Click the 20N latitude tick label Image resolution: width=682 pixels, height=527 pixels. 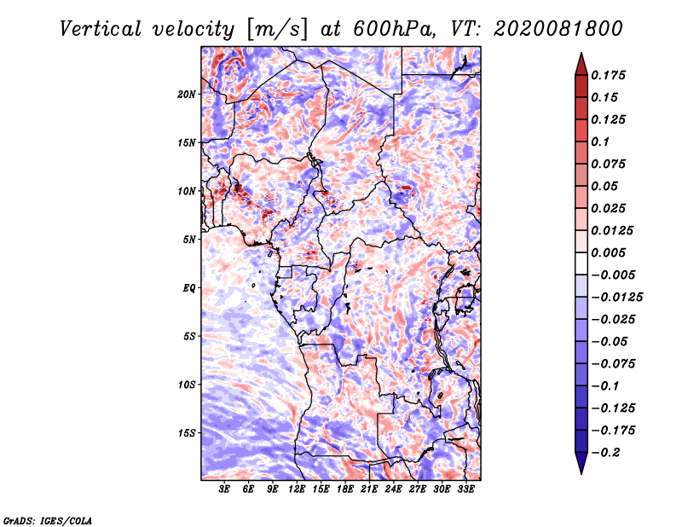[x=187, y=95]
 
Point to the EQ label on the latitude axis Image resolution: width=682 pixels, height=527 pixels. [x=188, y=288]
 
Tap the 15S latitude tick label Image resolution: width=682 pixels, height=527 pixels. [x=187, y=433]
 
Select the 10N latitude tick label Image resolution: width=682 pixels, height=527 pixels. [x=187, y=191]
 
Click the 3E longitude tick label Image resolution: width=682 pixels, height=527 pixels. [x=224, y=489]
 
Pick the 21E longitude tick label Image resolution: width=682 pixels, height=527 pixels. [x=369, y=489]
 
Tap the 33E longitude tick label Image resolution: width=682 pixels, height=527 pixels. [x=465, y=489]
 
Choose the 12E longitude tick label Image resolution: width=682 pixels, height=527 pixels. [x=296, y=489]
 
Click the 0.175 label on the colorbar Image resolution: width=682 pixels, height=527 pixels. [x=608, y=75]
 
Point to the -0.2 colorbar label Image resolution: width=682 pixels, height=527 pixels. [x=605, y=453]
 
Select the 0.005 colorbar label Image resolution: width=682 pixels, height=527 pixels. [x=608, y=252]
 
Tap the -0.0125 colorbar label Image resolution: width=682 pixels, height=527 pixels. [x=616, y=298]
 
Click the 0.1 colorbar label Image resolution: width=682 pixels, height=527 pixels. [x=600, y=142]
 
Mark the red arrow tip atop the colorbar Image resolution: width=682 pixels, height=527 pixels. [x=581, y=53]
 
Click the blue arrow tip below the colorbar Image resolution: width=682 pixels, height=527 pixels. [x=581, y=473]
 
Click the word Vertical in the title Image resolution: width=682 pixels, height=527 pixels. [x=100, y=29]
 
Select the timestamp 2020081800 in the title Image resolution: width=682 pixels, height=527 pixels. [x=558, y=29]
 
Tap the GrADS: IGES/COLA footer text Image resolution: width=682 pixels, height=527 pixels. [x=48, y=520]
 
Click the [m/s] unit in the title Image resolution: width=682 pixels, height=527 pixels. [x=277, y=30]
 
